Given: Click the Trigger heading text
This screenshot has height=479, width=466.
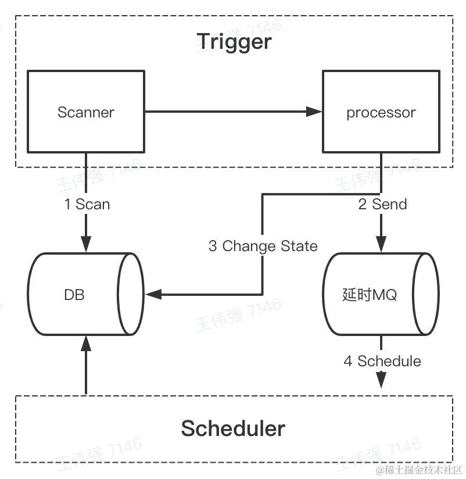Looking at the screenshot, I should pyautogui.click(x=234, y=41).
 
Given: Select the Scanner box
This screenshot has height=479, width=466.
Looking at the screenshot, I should pyautogui.click(x=86, y=112).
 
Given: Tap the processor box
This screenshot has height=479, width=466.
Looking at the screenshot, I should pyautogui.click(x=381, y=112).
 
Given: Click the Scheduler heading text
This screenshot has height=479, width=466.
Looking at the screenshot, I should pyautogui.click(x=233, y=428).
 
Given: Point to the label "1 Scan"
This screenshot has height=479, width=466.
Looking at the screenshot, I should pyautogui.click(x=87, y=204).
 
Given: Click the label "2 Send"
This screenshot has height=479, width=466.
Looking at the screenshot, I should pyautogui.click(x=382, y=204).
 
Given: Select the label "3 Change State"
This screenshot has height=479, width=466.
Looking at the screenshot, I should pyautogui.click(x=263, y=246).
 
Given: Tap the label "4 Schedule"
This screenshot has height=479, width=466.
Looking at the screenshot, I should pyautogui.click(x=382, y=361).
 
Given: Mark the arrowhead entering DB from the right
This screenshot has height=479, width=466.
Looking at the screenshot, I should pyautogui.click(x=152, y=294).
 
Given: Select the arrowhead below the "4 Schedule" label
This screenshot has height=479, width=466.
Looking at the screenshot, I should pyautogui.click(x=381, y=381).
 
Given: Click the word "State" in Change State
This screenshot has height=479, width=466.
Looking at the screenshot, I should pyautogui.click(x=299, y=246).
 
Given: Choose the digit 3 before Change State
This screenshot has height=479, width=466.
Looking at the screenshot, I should pyautogui.click(x=213, y=246).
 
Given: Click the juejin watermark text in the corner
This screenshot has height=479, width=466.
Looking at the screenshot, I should pyautogui.click(x=418, y=470).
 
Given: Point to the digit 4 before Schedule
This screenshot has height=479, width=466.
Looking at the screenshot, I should pyautogui.click(x=348, y=361).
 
